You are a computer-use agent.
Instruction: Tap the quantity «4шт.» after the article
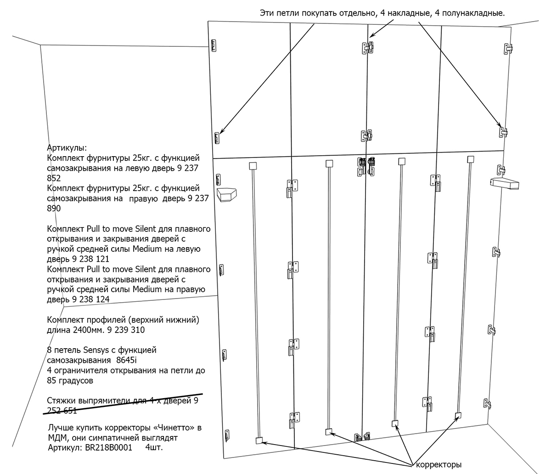pos(154,447)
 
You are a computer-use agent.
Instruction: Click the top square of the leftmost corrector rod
pos(252,165)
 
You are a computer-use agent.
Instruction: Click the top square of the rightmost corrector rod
pos(470,159)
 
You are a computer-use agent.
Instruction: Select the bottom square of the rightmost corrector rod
pos(458,416)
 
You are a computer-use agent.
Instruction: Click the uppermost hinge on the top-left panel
pos(214,45)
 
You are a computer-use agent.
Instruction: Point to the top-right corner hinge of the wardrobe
pos(509,48)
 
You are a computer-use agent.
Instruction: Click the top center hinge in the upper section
pos(367,47)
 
